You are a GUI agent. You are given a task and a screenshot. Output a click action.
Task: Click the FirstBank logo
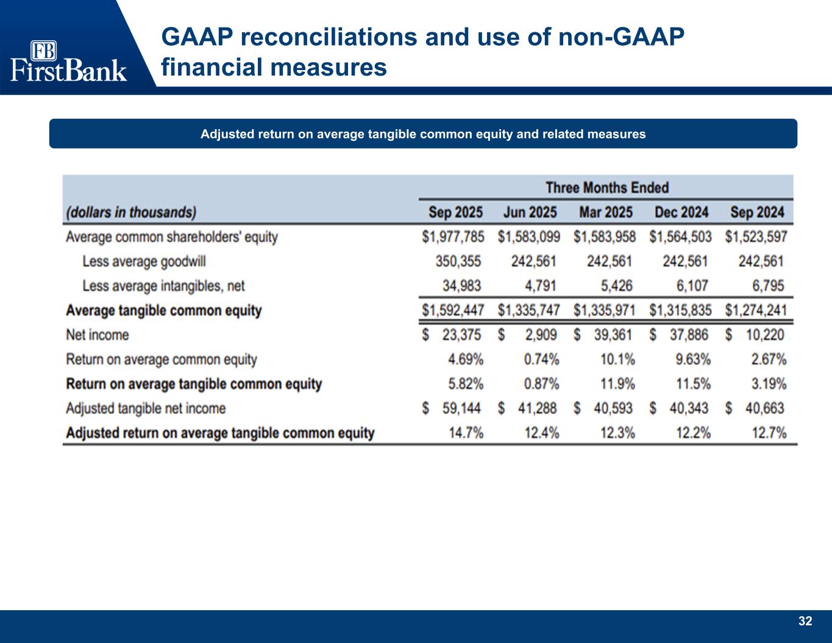pyautogui.click(x=68, y=61)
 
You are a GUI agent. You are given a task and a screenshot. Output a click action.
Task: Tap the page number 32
pyautogui.click(x=805, y=621)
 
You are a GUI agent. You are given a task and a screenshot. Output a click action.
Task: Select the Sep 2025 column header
pyautogui.click(x=455, y=212)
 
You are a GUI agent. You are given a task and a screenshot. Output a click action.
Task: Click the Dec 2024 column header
pyautogui.click(x=681, y=212)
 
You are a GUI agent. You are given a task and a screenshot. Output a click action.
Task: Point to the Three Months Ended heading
pyautogui.click(x=606, y=187)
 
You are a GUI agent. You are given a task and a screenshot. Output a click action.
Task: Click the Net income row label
pyautogui.click(x=98, y=335)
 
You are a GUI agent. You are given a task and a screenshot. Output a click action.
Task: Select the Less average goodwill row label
pyautogui.click(x=144, y=261)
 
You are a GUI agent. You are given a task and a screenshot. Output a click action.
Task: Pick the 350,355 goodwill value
pyautogui.click(x=458, y=261)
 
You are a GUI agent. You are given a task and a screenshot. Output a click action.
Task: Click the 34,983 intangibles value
pyautogui.click(x=462, y=285)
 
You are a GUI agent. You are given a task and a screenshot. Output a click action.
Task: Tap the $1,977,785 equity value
pyautogui.click(x=453, y=236)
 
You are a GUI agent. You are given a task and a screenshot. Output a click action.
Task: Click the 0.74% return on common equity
pyautogui.click(x=541, y=359)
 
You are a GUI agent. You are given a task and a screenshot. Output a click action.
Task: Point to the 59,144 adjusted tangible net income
pyautogui.click(x=462, y=408)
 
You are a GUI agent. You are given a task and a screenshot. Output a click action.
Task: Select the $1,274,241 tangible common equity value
pyautogui.click(x=756, y=310)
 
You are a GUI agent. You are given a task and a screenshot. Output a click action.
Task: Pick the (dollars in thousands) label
pyautogui.click(x=131, y=212)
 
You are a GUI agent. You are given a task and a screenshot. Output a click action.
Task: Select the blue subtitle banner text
pyautogui.click(x=423, y=134)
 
